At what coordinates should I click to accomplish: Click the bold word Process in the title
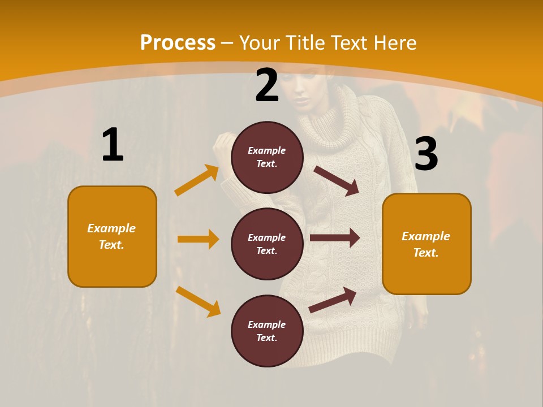[x=178, y=43]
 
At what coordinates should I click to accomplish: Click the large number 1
[x=113, y=145]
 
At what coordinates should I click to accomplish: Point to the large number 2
[x=267, y=86]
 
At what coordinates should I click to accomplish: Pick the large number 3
[x=426, y=155]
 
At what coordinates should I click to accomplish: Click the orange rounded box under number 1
[x=112, y=236]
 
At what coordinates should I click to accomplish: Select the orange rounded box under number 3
[x=426, y=244]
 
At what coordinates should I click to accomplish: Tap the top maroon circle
[x=267, y=157]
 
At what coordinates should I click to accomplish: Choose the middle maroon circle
[x=267, y=244]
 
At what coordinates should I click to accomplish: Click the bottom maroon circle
[x=267, y=331]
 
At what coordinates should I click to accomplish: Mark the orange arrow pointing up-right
[x=197, y=180]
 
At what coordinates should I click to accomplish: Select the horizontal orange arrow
[x=198, y=239]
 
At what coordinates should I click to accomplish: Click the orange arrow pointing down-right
[x=198, y=301]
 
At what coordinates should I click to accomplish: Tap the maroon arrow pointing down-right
[x=337, y=181]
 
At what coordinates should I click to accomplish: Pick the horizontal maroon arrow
[x=335, y=238]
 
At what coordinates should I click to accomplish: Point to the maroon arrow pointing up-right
[x=333, y=300]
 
